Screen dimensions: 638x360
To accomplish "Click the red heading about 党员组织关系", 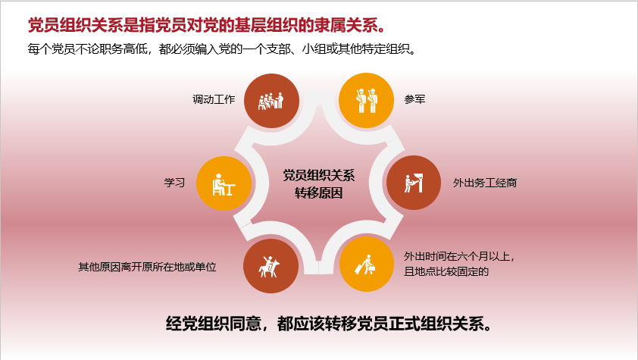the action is tap(207, 25).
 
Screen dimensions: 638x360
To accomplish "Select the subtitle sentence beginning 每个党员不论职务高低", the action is tap(222, 49).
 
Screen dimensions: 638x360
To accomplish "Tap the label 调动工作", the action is tap(214, 99).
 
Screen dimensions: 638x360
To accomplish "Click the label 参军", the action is tap(414, 99).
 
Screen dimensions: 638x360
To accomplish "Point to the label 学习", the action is tap(174, 183).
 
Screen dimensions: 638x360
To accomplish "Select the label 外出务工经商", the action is tap(485, 183).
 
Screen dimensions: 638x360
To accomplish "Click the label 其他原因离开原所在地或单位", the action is tap(147, 267).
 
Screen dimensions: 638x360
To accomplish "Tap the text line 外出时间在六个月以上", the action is tap(459, 256).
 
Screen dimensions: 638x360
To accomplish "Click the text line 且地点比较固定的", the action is tap(446, 271).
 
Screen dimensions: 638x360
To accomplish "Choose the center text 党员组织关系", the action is tap(319, 175).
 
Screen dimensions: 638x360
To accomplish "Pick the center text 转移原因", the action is tap(319, 193).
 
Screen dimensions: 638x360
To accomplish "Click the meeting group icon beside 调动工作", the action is tap(271, 101).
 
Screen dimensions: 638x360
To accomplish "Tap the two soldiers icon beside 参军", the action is tap(366, 101).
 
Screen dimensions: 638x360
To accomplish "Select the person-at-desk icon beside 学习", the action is tap(224, 184).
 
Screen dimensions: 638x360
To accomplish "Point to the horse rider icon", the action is tap(269, 267).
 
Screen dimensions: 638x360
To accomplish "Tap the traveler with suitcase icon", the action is tap(366, 265).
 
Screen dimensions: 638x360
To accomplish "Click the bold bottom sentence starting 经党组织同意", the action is tap(329, 324).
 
